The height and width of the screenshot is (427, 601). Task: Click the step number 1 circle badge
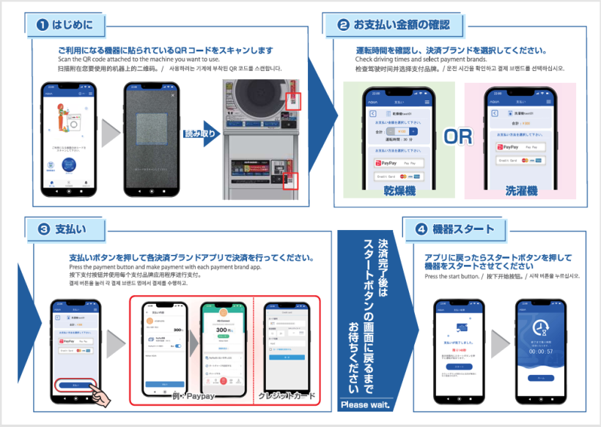pyautogui.click(x=43, y=25)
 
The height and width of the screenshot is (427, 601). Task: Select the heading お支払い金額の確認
pyautogui.click(x=408, y=25)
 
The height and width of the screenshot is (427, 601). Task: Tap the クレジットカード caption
pyautogui.click(x=287, y=396)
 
